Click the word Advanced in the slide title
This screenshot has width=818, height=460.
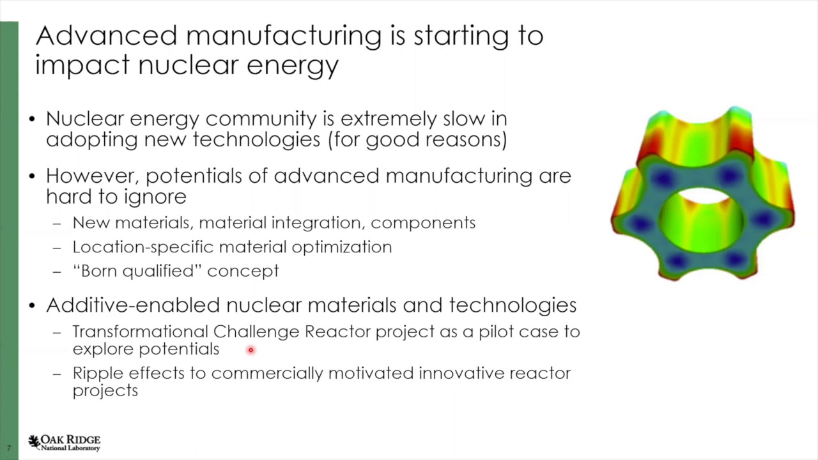click(105, 36)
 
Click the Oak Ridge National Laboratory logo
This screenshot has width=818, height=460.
click(64, 443)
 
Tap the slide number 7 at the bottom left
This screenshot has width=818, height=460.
click(9, 448)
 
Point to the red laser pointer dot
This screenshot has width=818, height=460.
click(251, 349)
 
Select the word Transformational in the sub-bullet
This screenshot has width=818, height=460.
click(140, 332)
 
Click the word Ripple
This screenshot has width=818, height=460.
click(98, 373)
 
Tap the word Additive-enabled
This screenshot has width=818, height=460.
click(133, 305)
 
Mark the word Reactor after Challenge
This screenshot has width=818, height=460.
click(337, 332)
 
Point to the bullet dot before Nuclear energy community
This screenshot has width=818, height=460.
click(33, 119)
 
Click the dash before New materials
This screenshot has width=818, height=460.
click(58, 224)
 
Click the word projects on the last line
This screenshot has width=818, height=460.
click(105, 391)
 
